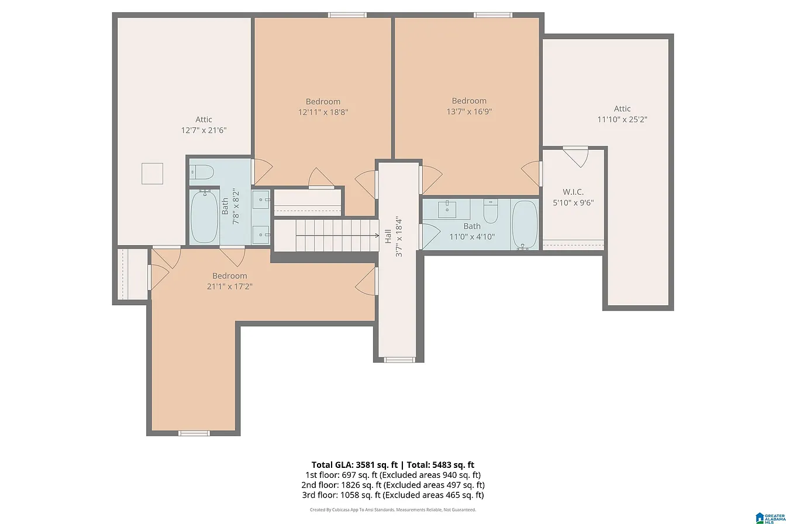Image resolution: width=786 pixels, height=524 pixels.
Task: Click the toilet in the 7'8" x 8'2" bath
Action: tap(202, 173)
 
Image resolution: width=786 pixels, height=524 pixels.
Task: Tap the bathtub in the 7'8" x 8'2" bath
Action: tap(204, 216)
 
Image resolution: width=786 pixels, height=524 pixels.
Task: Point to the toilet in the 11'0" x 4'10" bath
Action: tap(490, 211)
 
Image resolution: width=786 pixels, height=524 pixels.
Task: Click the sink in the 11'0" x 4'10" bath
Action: tap(447, 209)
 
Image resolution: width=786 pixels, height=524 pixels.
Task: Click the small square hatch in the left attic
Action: tap(152, 173)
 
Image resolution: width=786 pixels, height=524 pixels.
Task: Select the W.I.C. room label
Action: tap(573, 192)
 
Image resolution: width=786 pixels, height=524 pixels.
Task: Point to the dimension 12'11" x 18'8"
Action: tap(323, 112)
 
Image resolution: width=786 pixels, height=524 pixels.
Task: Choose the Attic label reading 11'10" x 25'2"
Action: tap(622, 115)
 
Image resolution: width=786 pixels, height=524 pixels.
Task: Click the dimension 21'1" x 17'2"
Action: tap(229, 287)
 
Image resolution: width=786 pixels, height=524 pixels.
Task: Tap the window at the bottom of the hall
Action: tap(399, 360)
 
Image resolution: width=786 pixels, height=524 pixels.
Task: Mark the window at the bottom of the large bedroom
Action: tap(194, 433)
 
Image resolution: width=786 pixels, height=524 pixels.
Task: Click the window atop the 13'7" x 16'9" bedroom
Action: tap(492, 15)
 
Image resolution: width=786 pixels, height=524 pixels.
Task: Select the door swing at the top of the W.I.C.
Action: tap(575, 157)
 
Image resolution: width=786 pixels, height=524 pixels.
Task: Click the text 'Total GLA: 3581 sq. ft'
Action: tap(354, 465)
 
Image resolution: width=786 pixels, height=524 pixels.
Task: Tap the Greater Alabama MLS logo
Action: tap(771, 518)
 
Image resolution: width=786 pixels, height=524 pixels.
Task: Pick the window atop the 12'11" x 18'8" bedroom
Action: tap(347, 15)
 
